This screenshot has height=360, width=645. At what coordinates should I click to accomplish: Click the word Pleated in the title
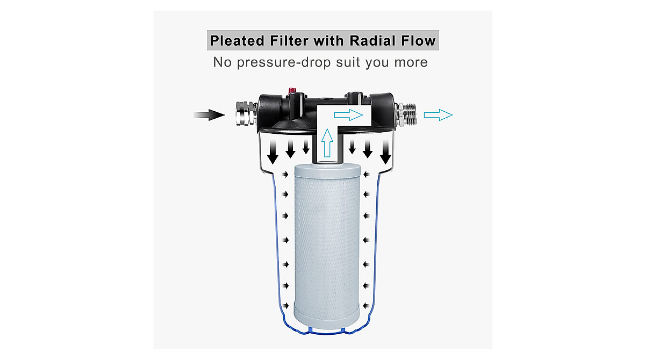click(x=237, y=41)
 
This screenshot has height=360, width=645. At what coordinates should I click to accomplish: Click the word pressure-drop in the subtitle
click(x=284, y=62)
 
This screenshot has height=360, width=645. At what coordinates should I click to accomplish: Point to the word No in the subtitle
click(x=221, y=62)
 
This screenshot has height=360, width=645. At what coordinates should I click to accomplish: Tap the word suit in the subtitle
click(x=349, y=62)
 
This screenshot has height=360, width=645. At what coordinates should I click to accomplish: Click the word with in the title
click(x=334, y=41)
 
